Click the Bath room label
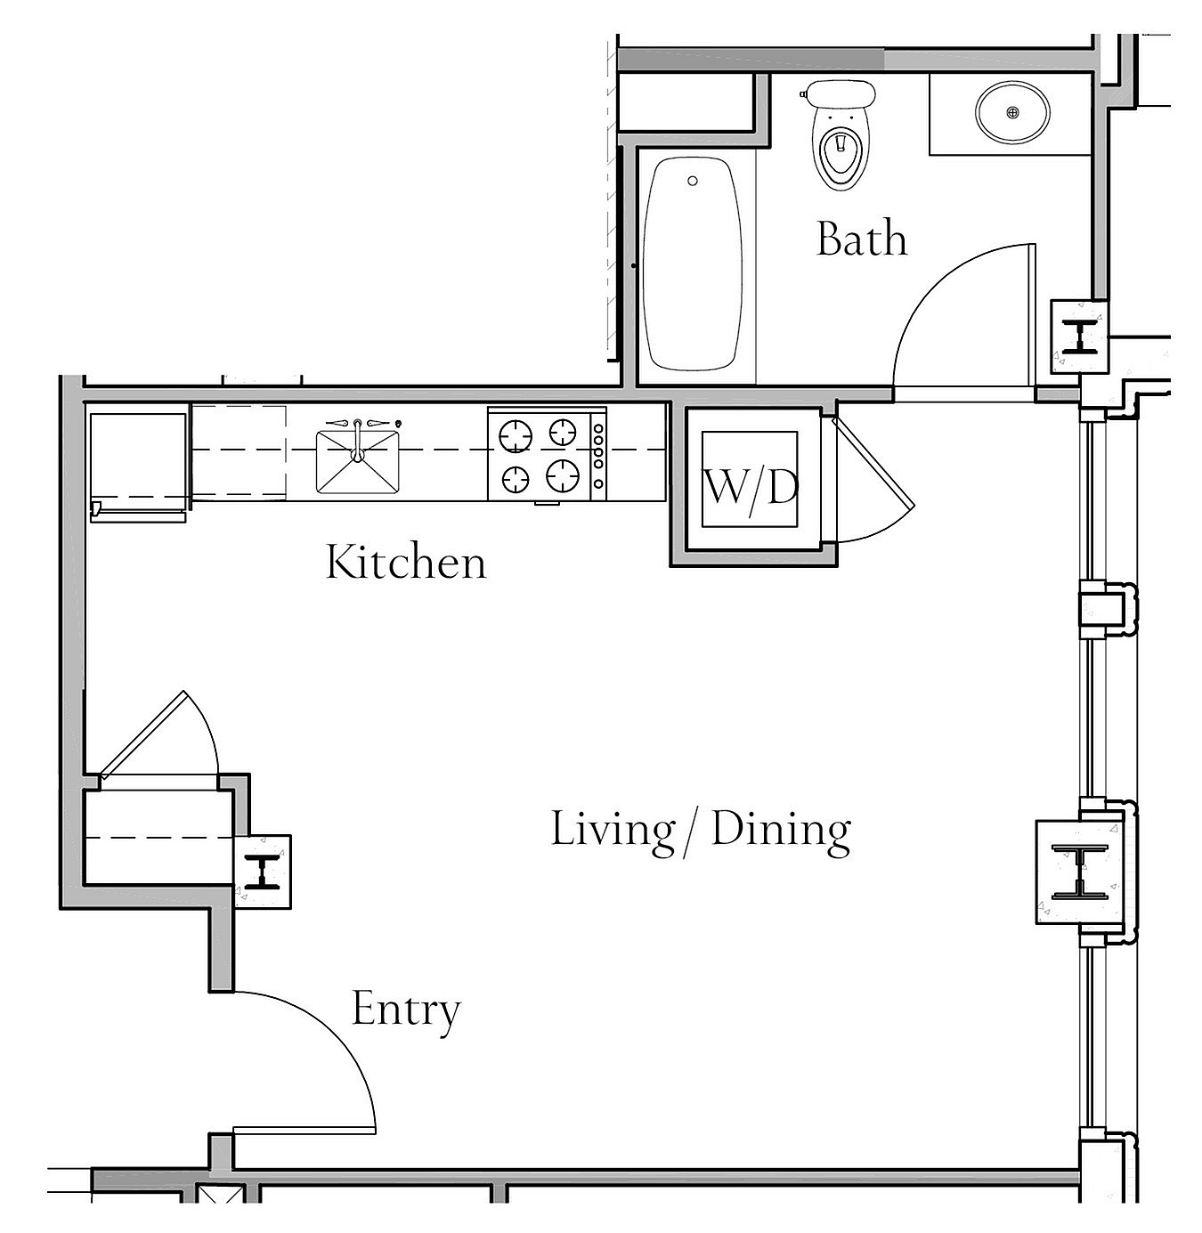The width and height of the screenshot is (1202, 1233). coord(862,239)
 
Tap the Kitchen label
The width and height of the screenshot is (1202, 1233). coord(406,562)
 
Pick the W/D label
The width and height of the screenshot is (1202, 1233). coord(751,489)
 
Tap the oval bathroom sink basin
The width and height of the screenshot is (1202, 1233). coord(1012,113)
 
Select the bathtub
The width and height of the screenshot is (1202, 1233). coord(692,264)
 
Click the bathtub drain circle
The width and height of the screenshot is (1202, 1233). coord(693,182)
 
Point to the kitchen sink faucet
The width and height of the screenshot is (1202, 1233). coord(358,437)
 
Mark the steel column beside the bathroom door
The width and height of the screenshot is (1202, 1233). coord(1079,337)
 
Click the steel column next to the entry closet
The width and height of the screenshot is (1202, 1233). coord(263,872)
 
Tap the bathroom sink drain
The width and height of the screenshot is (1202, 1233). coord(1012,113)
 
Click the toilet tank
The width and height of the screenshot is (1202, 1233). coord(839,93)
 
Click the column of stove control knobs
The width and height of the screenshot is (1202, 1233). coord(598,456)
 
